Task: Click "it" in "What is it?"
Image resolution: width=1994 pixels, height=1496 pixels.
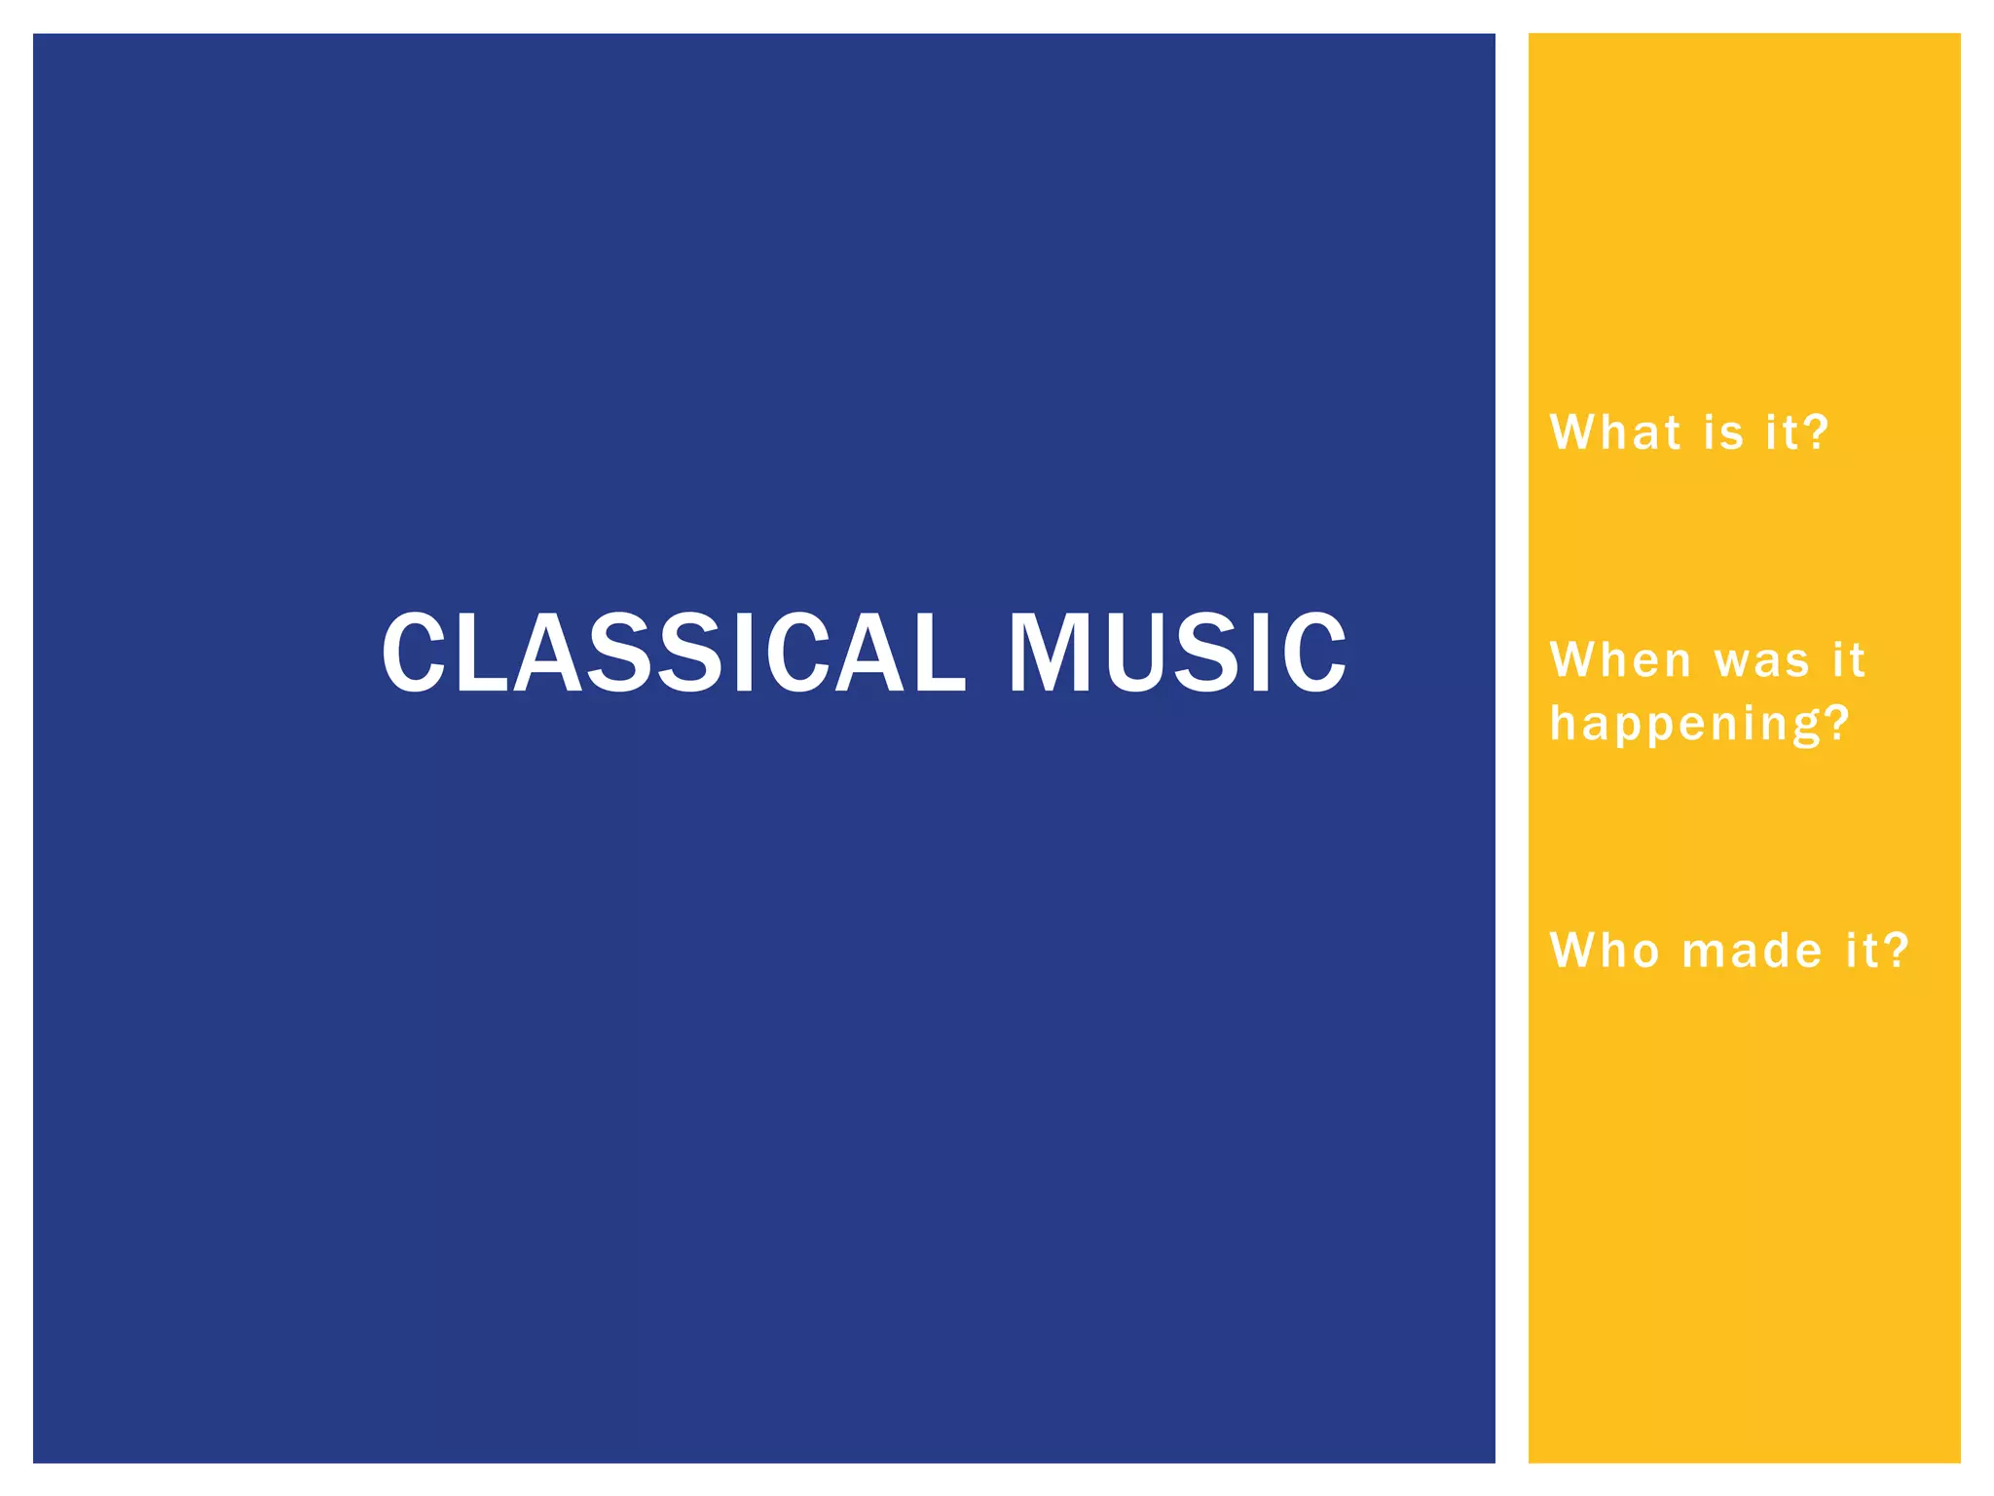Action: (x=1782, y=432)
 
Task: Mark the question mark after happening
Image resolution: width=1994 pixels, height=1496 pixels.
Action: (x=1836, y=723)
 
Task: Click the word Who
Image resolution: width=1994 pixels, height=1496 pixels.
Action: (x=1605, y=951)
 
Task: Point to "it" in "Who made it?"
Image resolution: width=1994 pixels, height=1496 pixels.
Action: (x=1862, y=951)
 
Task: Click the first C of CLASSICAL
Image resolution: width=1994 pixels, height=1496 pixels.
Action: (x=414, y=653)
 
